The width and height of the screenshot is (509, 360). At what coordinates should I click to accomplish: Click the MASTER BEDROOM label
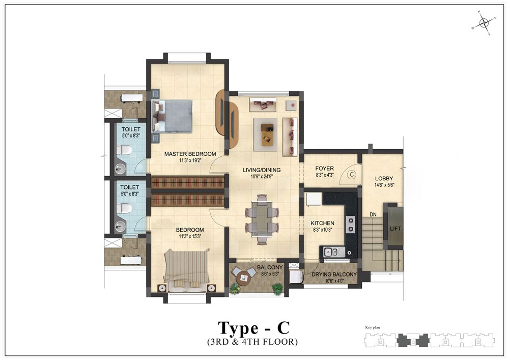[190, 154]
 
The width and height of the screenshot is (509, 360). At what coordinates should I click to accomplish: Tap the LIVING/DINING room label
[262, 170]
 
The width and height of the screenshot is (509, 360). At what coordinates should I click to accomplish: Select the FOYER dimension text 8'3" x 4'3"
[325, 175]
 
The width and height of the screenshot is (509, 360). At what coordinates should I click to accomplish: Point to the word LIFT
[395, 229]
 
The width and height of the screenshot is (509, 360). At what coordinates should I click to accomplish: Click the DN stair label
[373, 214]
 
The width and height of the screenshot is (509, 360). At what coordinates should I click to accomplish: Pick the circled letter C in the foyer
[351, 174]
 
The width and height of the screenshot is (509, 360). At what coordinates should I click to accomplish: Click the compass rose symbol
[484, 23]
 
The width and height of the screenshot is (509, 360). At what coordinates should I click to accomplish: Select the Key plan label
[373, 327]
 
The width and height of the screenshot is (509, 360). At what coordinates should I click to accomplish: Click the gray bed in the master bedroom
[172, 116]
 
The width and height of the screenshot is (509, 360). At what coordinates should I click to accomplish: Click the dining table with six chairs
[262, 219]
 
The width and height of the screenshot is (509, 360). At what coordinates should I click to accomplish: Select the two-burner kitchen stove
[351, 225]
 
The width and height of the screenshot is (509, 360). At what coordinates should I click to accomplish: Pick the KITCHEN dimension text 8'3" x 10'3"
[322, 230]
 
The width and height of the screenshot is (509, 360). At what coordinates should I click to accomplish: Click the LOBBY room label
[384, 179]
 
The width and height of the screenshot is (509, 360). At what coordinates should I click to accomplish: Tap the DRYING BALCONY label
[334, 274]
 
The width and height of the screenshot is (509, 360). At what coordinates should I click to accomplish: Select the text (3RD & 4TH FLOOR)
[252, 342]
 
